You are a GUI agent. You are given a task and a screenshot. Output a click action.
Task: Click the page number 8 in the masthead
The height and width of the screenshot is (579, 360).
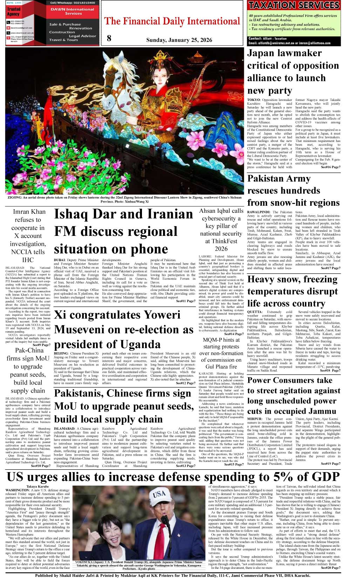coord(109,38)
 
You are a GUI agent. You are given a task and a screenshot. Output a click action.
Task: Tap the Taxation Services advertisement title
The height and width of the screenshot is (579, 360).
coord(294,5)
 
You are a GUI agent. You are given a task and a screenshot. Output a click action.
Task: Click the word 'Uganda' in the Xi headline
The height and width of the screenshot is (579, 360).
coord(141,345)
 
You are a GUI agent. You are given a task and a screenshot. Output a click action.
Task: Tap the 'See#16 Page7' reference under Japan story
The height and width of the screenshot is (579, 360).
coord(330,167)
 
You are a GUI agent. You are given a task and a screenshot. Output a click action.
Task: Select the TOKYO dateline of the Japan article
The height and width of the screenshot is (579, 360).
coord(254,100)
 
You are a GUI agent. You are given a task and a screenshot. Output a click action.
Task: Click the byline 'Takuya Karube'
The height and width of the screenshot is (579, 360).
coord(38,487)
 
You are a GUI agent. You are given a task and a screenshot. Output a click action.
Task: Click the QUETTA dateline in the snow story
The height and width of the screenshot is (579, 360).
coord(255,312)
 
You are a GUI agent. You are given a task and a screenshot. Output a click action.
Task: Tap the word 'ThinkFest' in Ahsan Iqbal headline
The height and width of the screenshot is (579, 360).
coord(221,241)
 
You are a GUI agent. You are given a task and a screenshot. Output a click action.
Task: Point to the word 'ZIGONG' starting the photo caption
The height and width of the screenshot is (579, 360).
coord(14,198)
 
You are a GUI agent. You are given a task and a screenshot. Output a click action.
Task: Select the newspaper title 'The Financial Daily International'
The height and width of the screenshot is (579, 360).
coord(172,22)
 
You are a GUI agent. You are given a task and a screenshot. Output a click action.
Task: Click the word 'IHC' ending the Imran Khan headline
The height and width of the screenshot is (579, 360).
coord(28,260)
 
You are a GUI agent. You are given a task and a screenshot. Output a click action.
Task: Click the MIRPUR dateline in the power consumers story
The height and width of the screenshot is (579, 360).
coord(255,419)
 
